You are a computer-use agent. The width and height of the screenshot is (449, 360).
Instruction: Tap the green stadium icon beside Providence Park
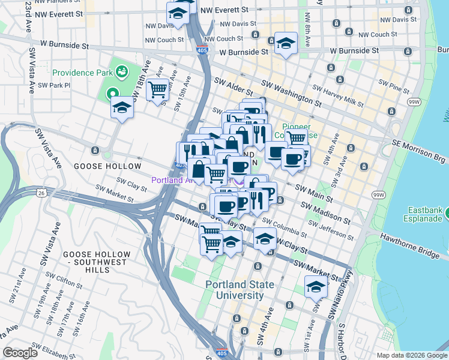[x=122, y=73]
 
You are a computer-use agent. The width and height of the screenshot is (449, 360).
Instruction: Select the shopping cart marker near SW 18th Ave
[x=157, y=90]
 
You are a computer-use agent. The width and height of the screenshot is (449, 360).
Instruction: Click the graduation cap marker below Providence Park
[x=122, y=108]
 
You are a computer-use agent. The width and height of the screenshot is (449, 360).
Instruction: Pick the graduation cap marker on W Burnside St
[x=286, y=43]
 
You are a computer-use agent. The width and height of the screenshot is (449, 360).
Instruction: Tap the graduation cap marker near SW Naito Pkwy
[x=316, y=287]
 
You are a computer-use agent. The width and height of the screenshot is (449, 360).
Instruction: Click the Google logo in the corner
[x=20, y=353]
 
